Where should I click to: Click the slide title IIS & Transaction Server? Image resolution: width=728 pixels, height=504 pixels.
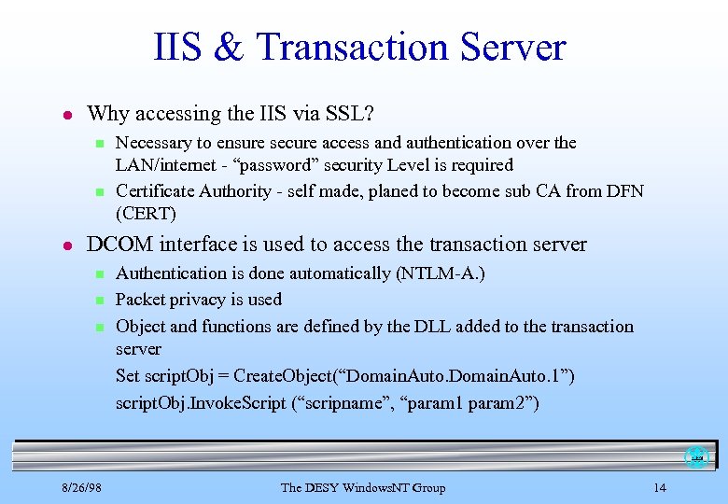(360, 47)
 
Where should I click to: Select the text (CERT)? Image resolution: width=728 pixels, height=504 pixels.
(145, 213)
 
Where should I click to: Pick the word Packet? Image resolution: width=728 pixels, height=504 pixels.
(140, 300)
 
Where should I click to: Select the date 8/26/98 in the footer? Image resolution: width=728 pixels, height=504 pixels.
(82, 487)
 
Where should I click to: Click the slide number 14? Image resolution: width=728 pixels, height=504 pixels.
(660, 487)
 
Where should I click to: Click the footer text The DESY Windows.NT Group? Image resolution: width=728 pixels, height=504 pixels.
(363, 487)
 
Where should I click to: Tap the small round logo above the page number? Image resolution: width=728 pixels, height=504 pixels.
(696, 457)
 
